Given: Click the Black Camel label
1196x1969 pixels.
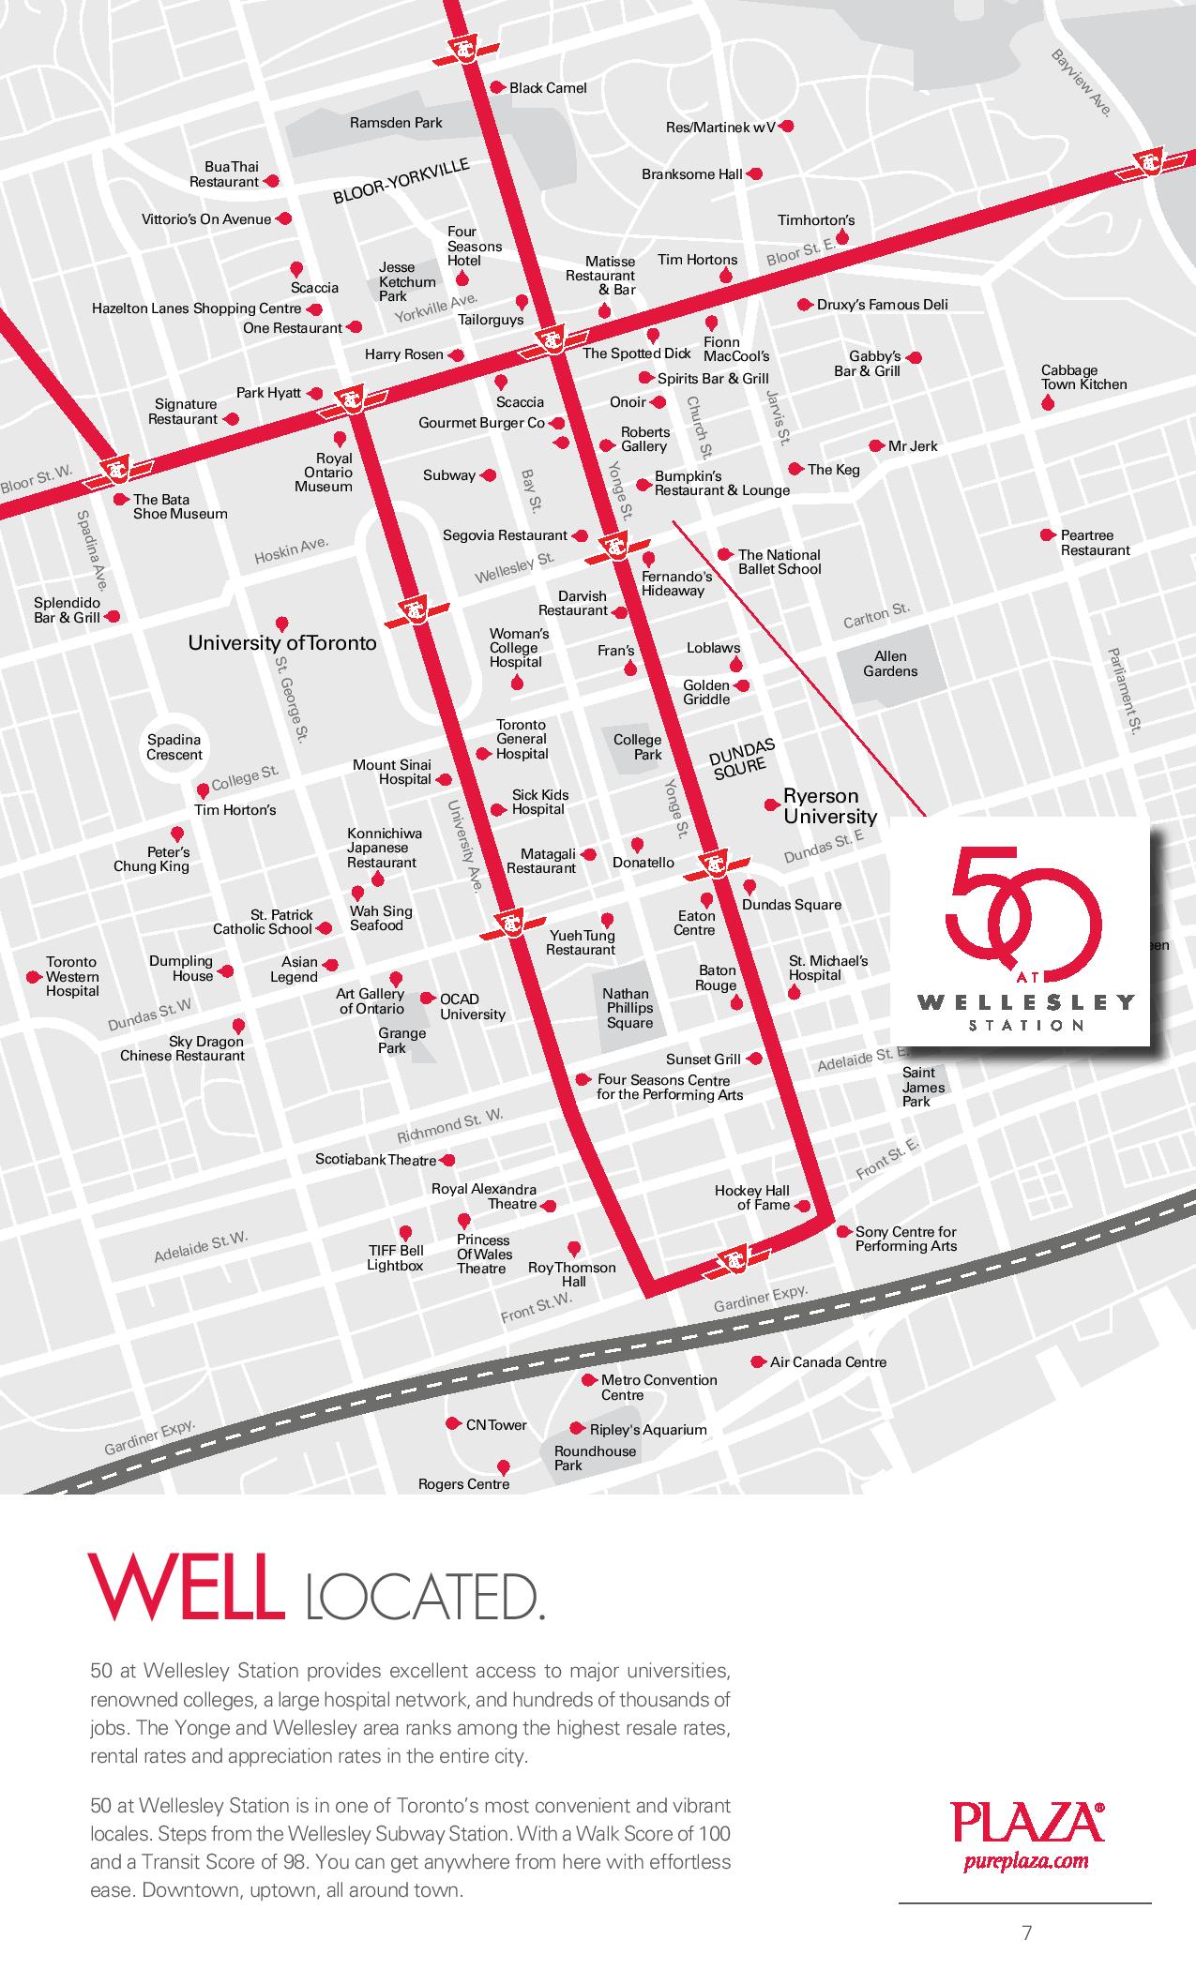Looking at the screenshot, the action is pyautogui.click(x=548, y=88).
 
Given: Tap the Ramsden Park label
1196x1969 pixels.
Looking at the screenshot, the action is pyautogui.click(x=396, y=123).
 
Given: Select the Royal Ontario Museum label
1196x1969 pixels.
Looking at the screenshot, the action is pyautogui.click(x=324, y=473).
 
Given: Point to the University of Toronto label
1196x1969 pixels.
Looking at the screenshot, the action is pyautogui.click(x=282, y=643).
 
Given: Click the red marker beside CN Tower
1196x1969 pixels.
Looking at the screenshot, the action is pyautogui.click(x=455, y=1423).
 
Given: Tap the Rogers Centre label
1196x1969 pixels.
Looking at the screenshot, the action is pyautogui.click(x=463, y=1484).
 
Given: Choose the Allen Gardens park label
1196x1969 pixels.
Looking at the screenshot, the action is pyautogui.click(x=890, y=664).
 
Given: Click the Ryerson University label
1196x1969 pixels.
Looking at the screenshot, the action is pyautogui.click(x=829, y=806).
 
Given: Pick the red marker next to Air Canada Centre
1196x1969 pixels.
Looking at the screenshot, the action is pyautogui.click(x=758, y=1361).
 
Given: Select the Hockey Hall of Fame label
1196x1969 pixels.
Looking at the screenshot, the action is pyautogui.click(x=752, y=1197).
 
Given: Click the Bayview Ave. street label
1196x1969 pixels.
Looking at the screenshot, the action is pyautogui.click(x=1082, y=83).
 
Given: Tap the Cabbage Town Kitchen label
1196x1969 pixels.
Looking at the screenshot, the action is pyautogui.click(x=1083, y=377).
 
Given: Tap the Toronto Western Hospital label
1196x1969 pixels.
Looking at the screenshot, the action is pyautogui.click(x=72, y=976).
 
